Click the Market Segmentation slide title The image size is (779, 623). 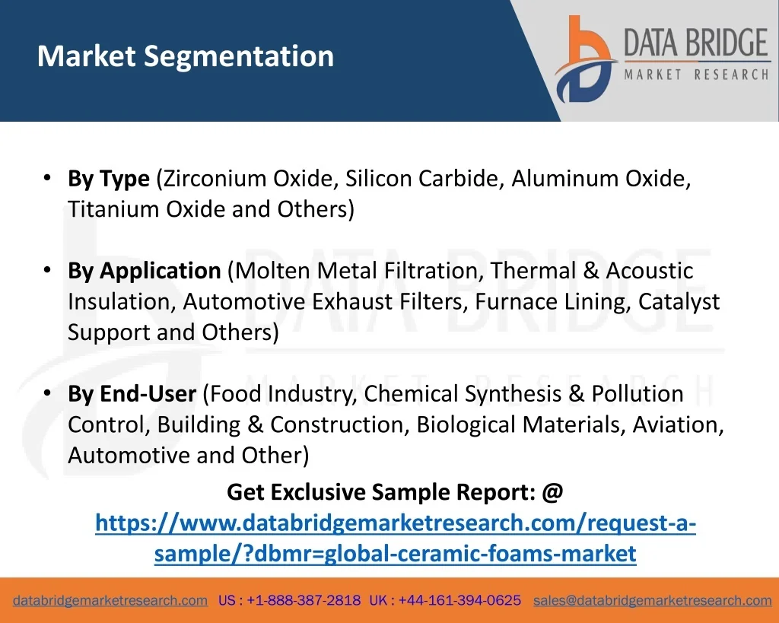click(186, 56)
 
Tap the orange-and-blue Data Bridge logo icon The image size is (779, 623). click(585, 59)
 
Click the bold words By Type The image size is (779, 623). click(109, 179)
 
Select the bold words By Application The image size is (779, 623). click(144, 271)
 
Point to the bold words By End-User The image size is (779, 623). click(132, 393)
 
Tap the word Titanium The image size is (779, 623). click(113, 208)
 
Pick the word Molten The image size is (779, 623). click(272, 271)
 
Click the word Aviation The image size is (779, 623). click(678, 424)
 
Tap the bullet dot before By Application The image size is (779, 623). click(47, 270)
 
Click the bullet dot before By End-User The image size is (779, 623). click(47, 393)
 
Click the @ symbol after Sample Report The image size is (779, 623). click(552, 492)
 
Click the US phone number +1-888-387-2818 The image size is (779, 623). click(304, 600)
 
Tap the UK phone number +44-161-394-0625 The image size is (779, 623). click(459, 600)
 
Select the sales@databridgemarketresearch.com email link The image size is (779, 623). click(652, 601)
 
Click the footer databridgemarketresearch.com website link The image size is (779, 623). click(110, 601)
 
